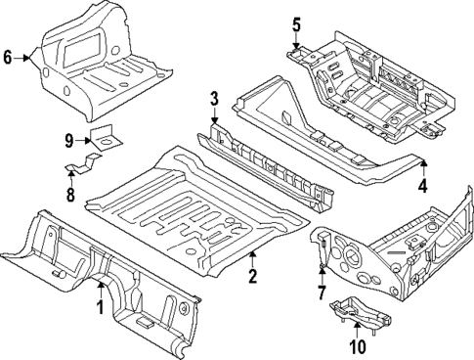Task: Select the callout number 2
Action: pos(252,278)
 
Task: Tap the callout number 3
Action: pos(213,99)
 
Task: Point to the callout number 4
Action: pos(423,186)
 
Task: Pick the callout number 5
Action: pos(297,23)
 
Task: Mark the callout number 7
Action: pos(322,293)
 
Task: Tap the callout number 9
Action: pos(70,141)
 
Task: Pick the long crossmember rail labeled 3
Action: pos(264,166)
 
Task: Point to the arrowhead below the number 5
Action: pos(297,42)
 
